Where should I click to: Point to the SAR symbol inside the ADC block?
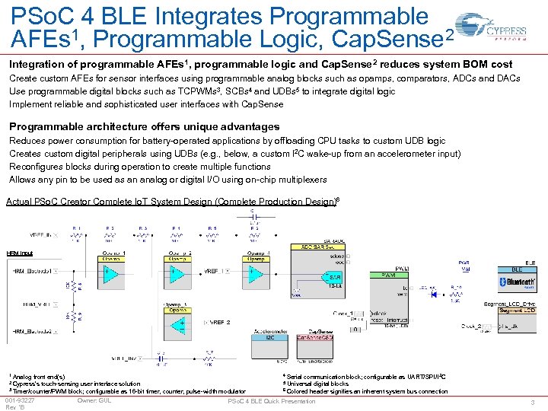point(335,276)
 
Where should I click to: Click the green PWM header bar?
point(388,274)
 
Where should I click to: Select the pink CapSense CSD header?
point(314,337)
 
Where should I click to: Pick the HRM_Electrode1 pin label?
point(32,270)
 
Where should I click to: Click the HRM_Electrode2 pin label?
point(32,332)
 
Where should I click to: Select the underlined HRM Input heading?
point(20,253)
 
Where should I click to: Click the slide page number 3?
point(534,402)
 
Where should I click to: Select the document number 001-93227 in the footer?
point(20,400)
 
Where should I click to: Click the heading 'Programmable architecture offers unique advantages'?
point(144,126)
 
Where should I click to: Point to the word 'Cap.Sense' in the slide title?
point(389,38)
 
